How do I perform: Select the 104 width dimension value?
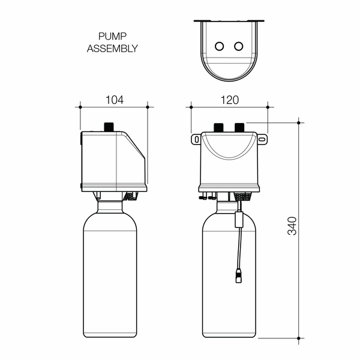[114, 100]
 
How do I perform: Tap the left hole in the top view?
[220, 46]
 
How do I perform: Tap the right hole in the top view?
[239, 46]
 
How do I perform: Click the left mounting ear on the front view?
[196, 139]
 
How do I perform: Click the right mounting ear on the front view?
[262, 139]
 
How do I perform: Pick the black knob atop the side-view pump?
[109, 127]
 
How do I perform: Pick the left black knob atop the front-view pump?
[219, 127]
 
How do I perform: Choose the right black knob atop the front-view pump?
[239, 127]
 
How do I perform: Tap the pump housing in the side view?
[111, 159]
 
